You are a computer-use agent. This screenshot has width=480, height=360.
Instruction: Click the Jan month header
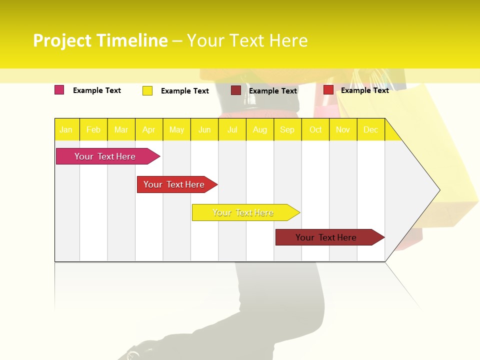click(x=66, y=130)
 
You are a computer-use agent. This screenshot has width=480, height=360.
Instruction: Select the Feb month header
click(x=93, y=130)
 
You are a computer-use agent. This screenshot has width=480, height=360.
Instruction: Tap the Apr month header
click(x=149, y=130)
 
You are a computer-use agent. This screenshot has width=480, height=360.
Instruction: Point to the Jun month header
click(x=204, y=130)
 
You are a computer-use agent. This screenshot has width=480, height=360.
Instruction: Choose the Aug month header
click(x=260, y=130)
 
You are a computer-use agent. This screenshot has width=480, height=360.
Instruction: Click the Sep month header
click(x=287, y=130)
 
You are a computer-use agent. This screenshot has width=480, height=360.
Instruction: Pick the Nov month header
click(x=343, y=130)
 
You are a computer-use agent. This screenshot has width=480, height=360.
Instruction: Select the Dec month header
click(x=371, y=130)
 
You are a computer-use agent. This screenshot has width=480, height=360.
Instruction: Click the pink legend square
click(x=59, y=90)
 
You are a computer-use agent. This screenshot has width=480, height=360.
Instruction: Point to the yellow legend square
click(x=147, y=90)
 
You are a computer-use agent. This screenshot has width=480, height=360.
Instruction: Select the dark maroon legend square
click(x=236, y=90)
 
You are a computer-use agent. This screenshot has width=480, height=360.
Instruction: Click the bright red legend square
click(x=328, y=90)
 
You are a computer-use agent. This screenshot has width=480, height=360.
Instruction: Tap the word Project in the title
click(x=62, y=40)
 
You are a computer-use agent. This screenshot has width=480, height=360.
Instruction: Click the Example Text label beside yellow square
click(x=185, y=91)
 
